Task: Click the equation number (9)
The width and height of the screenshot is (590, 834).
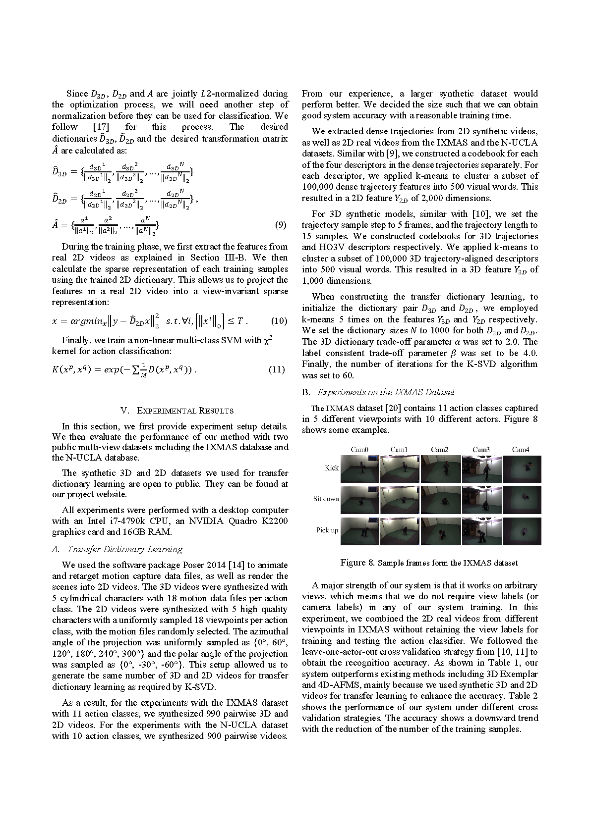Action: point(280,225)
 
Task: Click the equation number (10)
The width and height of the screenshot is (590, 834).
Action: point(279,321)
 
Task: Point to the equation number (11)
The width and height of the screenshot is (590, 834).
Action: point(277,369)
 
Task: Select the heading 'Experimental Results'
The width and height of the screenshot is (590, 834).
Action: point(177,411)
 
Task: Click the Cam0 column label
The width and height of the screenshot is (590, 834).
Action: point(359,450)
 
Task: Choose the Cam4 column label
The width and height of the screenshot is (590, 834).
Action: point(520,450)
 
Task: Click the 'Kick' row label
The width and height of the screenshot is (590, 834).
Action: point(332,468)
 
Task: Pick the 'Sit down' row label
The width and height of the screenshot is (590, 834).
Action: point(326,499)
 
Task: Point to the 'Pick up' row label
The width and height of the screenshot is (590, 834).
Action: point(327,530)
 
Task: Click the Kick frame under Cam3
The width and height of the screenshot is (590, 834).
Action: point(481,469)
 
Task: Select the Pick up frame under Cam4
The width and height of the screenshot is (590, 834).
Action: point(522,531)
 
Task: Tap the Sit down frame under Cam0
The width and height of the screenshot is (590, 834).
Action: point(360,500)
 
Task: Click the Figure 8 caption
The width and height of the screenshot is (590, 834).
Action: point(429,563)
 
